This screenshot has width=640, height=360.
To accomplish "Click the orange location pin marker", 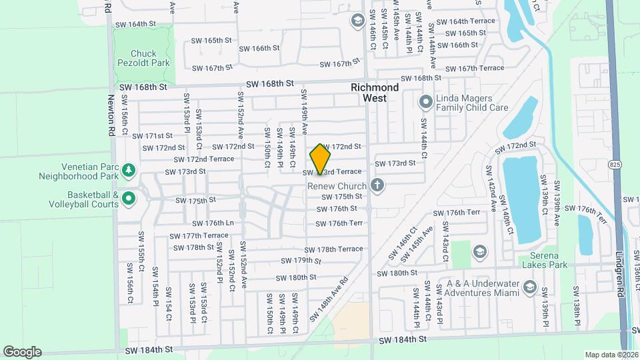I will click(x=320, y=159).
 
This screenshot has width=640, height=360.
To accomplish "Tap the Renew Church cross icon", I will click(x=378, y=185).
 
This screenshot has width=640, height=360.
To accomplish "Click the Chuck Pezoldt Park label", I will click(x=143, y=59).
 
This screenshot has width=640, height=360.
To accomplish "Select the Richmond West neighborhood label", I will click(x=375, y=93).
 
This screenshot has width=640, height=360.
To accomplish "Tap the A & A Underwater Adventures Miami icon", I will click(x=530, y=287).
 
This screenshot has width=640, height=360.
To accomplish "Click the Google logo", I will click(x=22, y=351).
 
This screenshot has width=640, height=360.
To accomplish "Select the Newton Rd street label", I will click(x=111, y=115).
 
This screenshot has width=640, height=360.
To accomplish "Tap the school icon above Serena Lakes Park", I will click(x=479, y=251).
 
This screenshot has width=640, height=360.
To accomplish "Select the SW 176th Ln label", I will click(x=213, y=223).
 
